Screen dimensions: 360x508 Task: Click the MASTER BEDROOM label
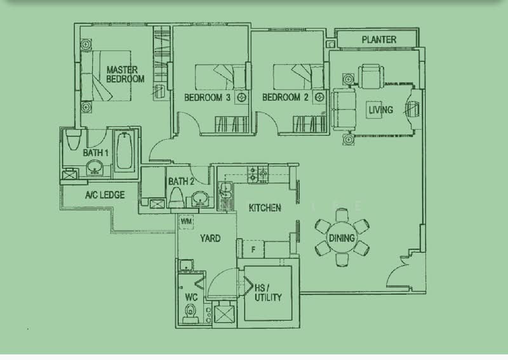click(125, 74)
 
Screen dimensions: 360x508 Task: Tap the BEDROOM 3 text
click(207, 97)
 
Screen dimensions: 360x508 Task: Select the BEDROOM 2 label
click(285, 97)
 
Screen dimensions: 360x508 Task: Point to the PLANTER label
click(379, 39)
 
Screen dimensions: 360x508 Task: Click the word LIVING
click(381, 110)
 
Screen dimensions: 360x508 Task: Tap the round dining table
click(341, 238)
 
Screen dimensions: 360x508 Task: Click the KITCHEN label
click(265, 208)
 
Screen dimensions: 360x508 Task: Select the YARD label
click(210, 239)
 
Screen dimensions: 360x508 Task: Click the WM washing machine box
click(187, 222)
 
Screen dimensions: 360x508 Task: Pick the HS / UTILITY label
click(267, 292)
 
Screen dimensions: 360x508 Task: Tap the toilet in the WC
click(189, 311)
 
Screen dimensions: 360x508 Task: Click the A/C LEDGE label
click(105, 195)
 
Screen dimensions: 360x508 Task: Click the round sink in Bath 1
click(95, 168)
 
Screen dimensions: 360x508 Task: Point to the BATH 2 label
click(182, 182)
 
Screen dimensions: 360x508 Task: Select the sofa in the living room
click(343, 109)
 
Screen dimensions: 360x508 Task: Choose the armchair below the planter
click(370, 76)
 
